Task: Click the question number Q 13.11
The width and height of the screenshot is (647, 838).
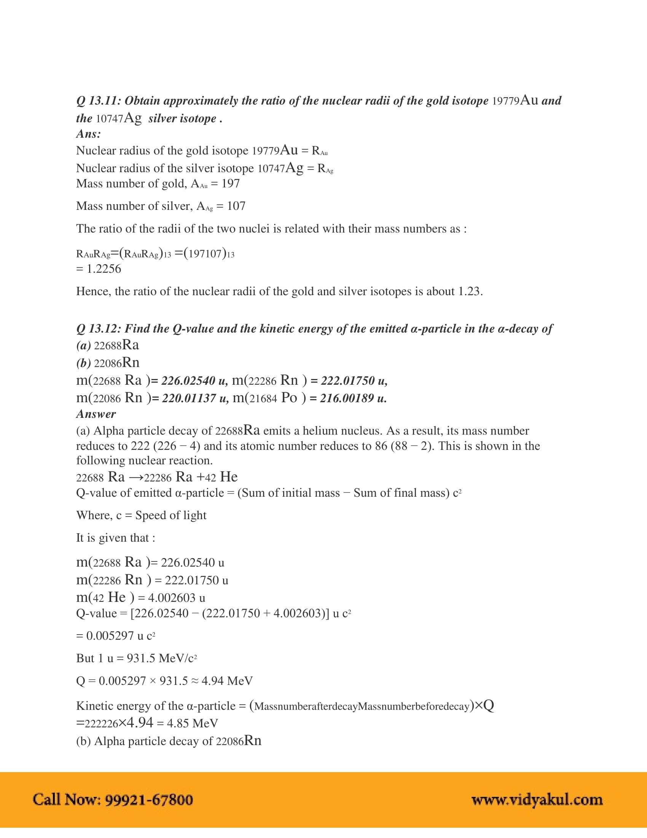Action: pyautogui.click(x=99, y=101)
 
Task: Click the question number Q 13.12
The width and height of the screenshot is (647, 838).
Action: pyautogui.click(x=99, y=329)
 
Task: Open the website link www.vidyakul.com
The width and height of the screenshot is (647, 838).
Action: pyautogui.click(x=537, y=800)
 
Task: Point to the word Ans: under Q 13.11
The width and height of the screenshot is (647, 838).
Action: pyautogui.click(x=89, y=134)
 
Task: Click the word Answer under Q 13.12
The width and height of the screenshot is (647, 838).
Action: pyautogui.click(x=96, y=414)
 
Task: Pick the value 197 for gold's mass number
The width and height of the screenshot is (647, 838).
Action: pyautogui.click(x=230, y=184)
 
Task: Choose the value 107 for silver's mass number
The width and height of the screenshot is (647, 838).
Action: pyautogui.click(x=236, y=206)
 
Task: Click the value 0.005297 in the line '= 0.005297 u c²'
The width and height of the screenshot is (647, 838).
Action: pyautogui.click(x=110, y=636)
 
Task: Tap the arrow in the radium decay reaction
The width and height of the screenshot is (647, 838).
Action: pyautogui.click(x=136, y=478)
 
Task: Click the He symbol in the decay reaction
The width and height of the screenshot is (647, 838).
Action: pyautogui.click(x=229, y=477)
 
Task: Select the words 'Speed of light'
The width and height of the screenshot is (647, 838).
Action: pyautogui.click(x=171, y=515)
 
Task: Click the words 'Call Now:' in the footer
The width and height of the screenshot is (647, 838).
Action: pyautogui.click(x=67, y=800)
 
